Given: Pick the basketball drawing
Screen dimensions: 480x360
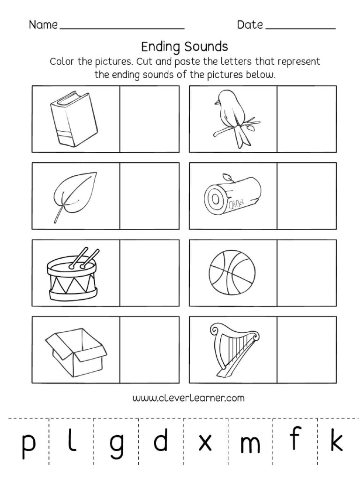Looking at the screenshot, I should pyautogui.click(x=233, y=271).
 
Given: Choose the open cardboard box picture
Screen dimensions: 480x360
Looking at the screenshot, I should pyautogui.click(x=75, y=349).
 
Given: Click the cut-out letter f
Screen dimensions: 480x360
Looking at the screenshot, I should pyautogui.click(x=294, y=439).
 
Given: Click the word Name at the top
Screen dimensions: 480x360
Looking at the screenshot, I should pyautogui.click(x=44, y=25).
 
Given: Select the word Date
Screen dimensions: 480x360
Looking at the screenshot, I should pyautogui.click(x=250, y=25).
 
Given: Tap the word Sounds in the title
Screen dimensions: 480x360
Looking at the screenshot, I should pyautogui.click(x=206, y=46).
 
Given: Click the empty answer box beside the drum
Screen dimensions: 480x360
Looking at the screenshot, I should pyautogui.click(x=150, y=272).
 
